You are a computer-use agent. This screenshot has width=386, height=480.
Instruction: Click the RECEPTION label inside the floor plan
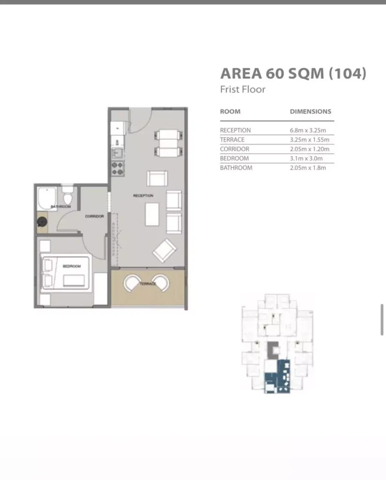click(x=143, y=195)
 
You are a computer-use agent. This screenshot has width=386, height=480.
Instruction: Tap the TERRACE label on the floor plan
click(x=148, y=284)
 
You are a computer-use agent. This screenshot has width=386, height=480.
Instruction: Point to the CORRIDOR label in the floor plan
click(x=95, y=217)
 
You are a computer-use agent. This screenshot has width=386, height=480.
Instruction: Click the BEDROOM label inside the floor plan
click(x=72, y=266)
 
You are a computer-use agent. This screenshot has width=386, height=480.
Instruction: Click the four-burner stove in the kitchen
click(x=118, y=169)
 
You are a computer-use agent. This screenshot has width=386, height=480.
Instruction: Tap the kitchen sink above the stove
click(x=118, y=152)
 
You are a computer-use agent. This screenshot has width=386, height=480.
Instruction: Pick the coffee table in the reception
click(x=152, y=214)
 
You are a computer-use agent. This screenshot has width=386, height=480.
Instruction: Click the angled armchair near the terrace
click(x=164, y=250)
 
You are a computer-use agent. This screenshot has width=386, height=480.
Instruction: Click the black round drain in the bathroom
click(x=42, y=222)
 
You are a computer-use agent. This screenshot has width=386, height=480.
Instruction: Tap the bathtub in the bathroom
click(x=47, y=199)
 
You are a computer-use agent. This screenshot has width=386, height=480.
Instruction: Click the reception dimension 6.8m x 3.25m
click(x=308, y=130)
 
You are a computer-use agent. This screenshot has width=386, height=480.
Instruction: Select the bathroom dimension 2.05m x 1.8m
click(x=308, y=168)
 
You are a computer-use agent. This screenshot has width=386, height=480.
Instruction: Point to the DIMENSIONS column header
click(x=311, y=112)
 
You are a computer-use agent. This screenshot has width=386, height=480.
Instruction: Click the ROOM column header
click(x=230, y=112)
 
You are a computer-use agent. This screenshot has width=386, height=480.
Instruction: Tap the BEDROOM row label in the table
click(x=234, y=158)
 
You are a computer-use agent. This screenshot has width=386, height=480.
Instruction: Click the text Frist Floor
click(x=243, y=90)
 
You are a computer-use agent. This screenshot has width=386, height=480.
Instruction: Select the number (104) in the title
click(x=348, y=74)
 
